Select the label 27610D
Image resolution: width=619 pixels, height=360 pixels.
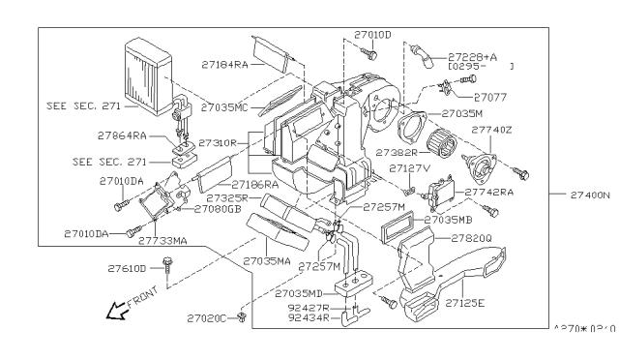click(128, 267)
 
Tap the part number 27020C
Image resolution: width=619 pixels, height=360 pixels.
click(207, 318)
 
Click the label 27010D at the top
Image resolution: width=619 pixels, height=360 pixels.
click(373, 35)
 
